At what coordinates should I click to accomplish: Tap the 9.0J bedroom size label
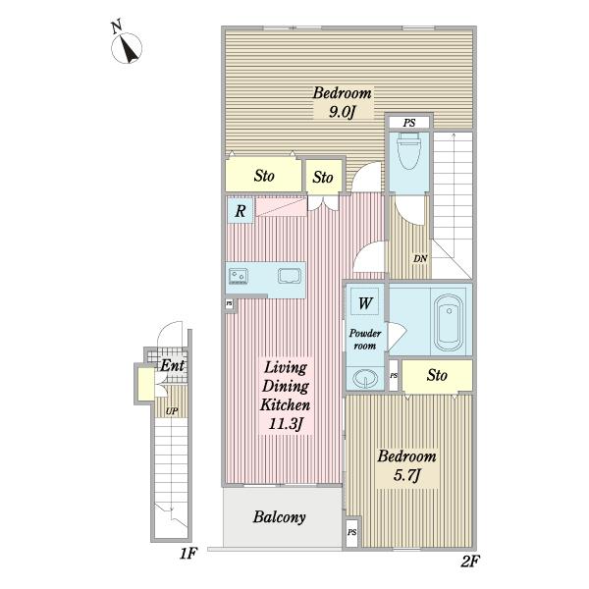point(342,112)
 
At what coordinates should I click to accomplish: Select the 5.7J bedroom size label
point(406,475)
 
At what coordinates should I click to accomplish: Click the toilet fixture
point(409,151)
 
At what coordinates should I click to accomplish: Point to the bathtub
point(449,323)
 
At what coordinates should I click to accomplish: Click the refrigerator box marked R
point(241,211)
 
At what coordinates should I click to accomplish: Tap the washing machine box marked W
point(365,302)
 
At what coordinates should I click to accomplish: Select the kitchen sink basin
point(290,276)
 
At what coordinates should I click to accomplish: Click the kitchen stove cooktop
point(239,276)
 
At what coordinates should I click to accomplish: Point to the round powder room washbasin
point(365,378)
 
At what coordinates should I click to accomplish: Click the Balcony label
point(279,517)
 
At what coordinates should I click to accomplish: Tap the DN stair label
point(420,258)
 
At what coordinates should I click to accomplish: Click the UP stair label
point(172,411)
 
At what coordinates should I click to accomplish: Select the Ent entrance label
point(172,365)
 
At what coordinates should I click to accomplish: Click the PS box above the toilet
point(409,123)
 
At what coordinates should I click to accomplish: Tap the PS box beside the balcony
point(352,532)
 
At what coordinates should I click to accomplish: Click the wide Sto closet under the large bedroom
point(264,176)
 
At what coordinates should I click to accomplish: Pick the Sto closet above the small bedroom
point(437,375)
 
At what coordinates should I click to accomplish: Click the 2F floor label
point(470,562)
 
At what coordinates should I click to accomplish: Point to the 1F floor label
point(188,553)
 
